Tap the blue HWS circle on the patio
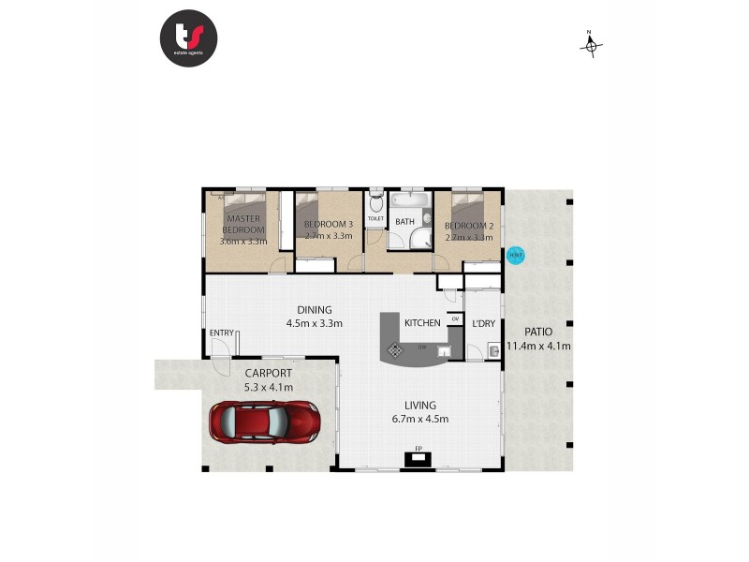pos(515,254)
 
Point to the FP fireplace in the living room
pos(418,458)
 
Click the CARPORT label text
pos(270,373)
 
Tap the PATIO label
pos(537,332)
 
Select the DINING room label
pos(314,310)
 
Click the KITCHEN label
pos(422,323)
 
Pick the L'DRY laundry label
pos(483,324)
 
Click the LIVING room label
pos(421,406)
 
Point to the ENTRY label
pos(222,333)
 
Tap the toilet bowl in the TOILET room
pos(375,203)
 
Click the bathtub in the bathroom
pos(408,202)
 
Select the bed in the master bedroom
pos(245,214)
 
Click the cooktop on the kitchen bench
pos(396,350)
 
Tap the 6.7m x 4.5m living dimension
pos(421,419)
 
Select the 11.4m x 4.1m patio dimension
pos(538,346)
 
